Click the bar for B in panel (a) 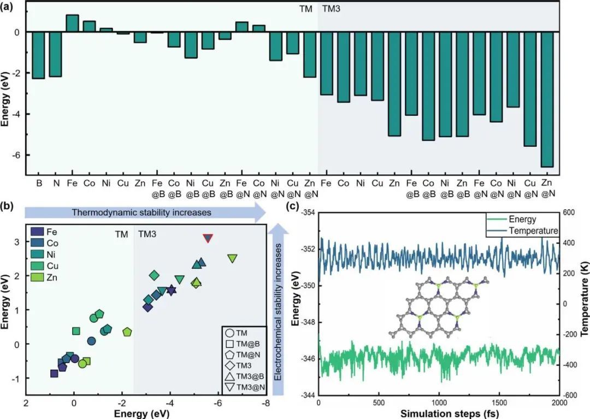[38, 55]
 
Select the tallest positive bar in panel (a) [72, 23]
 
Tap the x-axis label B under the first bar [39, 181]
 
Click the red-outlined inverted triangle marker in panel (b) [208, 238]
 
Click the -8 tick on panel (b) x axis [264, 404]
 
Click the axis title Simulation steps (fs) [439, 414]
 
